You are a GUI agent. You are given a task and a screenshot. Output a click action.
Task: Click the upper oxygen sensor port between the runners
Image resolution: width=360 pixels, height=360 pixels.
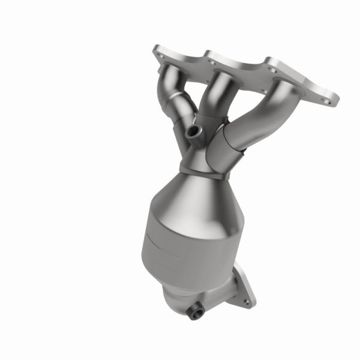coord(192,131)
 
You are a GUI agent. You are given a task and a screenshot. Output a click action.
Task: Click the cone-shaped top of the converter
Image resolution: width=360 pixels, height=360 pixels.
coord(198,192)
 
